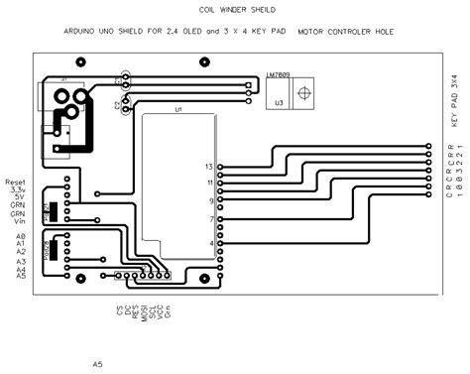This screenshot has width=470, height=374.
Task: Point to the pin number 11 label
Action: click(x=209, y=183)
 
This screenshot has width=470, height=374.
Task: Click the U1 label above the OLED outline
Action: click(x=178, y=108)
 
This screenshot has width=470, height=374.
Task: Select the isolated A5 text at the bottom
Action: click(x=98, y=364)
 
